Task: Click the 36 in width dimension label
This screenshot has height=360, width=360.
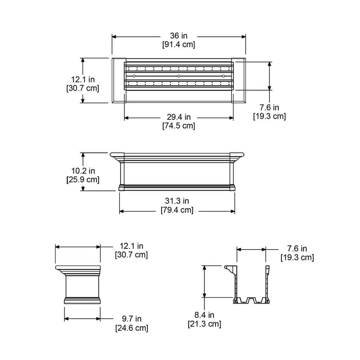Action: click(x=179, y=36)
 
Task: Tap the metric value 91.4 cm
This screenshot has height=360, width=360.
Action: click(x=179, y=45)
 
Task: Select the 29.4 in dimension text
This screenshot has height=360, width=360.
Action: click(x=179, y=117)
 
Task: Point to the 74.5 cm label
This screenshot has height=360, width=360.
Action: click(x=179, y=126)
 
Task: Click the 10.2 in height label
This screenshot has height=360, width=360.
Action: click(x=82, y=170)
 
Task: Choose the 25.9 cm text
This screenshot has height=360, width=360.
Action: click(x=83, y=179)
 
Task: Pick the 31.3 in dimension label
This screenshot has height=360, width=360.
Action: click(x=177, y=201)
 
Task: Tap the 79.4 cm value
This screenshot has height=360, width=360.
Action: click(x=177, y=210)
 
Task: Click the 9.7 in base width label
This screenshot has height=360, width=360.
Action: click(x=131, y=319)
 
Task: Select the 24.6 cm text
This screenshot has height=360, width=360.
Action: click(x=131, y=328)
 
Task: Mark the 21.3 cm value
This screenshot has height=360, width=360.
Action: click(x=204, y=324)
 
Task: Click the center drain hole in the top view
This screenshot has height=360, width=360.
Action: click(x=179, y=76)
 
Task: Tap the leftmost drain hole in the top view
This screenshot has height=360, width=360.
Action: click(x=134, y=76)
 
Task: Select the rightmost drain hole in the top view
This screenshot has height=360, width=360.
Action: click(x=224, y=76)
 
